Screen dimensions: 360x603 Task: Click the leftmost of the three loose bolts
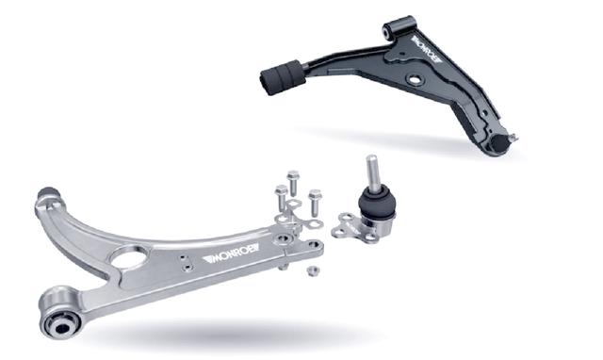[x=282, y=199]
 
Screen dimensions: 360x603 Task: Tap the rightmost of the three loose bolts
[x=316, y=201]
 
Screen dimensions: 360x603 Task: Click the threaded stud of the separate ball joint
[x=372, y=172]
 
